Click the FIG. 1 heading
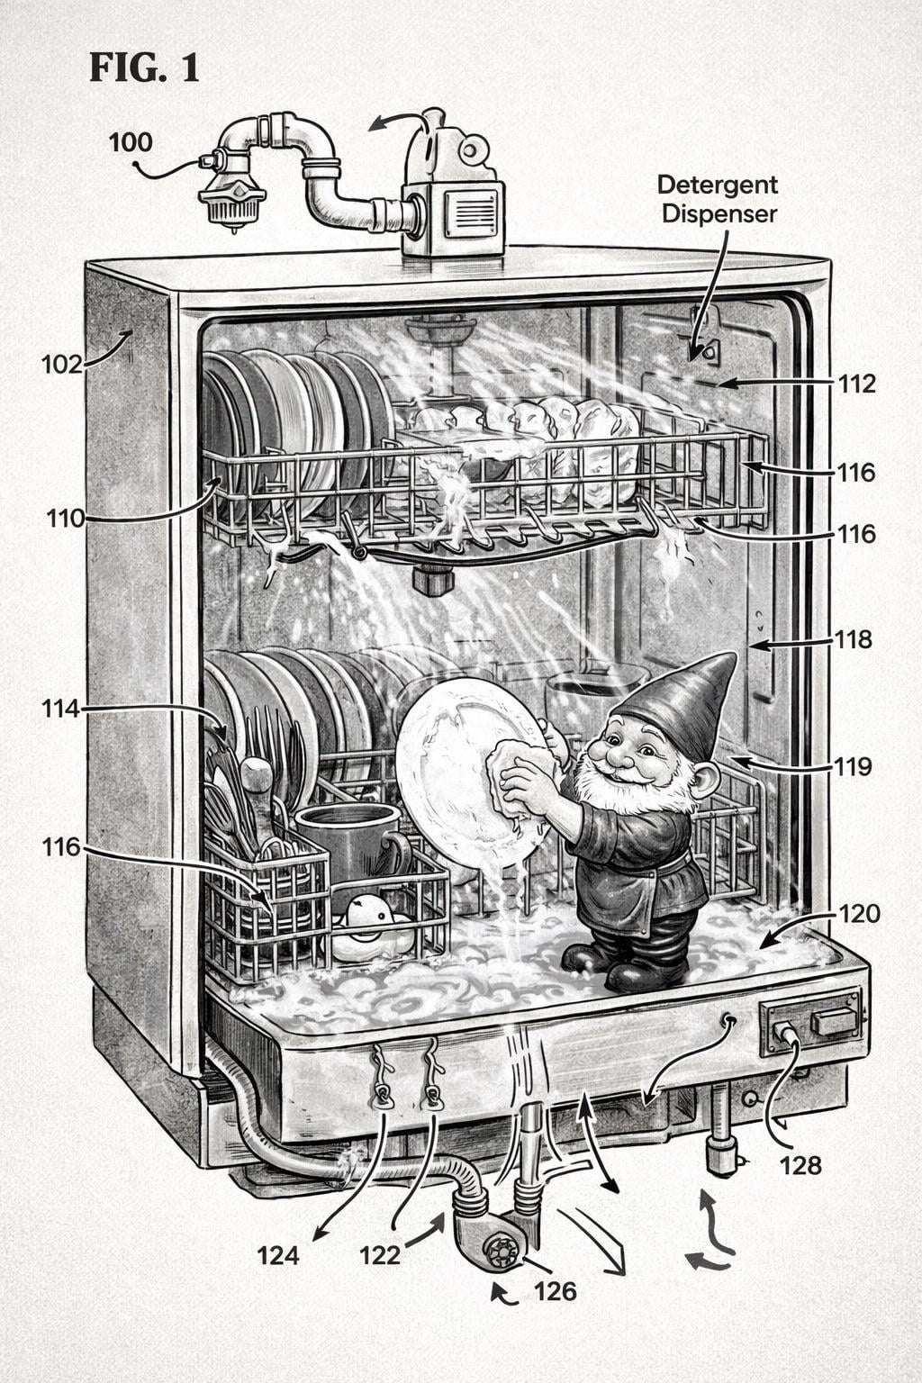(x=144, y=68)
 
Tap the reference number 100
(x=131, y=142)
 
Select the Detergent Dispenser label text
(x=717, y=199)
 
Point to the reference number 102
(x=61, y=364)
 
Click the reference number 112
(x=855, y=384)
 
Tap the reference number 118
(x=854, y=639)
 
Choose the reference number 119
(x=853, y=766)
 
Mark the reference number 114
(x=60, y=709)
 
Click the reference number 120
(x=859, y=914)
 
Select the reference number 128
(x=800, y=1165)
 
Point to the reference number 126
(x=555, y=1291)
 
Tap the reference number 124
(x=277, y=1254)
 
